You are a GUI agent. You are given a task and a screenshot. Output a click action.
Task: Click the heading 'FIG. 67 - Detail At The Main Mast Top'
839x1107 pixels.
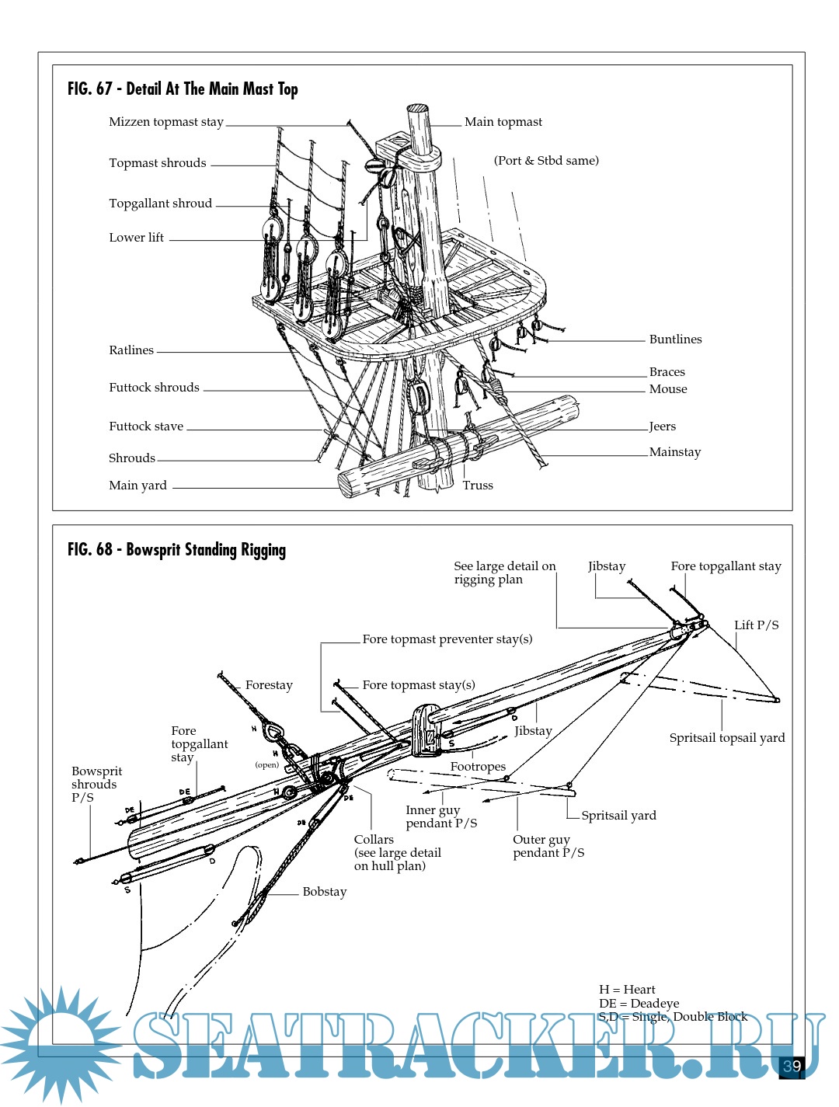[x=183, y=89]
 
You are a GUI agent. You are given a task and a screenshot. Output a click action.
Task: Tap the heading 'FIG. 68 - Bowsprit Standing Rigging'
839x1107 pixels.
[x=176, y=550]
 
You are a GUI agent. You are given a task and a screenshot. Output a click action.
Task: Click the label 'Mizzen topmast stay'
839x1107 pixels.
[x=166, y=122]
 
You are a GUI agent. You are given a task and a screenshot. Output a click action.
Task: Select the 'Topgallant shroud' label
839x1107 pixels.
[x=160, y=204]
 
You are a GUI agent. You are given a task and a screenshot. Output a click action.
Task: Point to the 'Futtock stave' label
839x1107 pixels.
[x=146, y=426]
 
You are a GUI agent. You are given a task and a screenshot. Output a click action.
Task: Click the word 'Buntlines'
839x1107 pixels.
[x=675, y=339]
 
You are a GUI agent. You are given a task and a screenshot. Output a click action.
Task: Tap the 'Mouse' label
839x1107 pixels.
[x=668, y=389]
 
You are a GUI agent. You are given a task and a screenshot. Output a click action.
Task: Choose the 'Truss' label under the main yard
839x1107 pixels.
[x=478, y=486]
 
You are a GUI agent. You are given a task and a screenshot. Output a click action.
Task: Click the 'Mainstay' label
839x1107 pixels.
[x=675, y=452]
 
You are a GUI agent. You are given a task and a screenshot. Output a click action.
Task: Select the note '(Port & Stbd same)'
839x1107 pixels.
[x=546, y=161]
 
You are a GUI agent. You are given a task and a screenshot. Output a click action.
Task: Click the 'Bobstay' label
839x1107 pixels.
[x=325, y=892]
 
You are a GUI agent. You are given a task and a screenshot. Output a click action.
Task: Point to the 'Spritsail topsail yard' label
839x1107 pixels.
[x=727, y=738]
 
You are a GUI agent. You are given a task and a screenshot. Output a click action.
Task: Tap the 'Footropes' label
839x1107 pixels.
[x=478, y=767]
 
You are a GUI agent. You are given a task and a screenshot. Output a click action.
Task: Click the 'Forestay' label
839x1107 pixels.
[x=269, y=685]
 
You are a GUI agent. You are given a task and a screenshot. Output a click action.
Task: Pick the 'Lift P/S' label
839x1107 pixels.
[x=757, y=625]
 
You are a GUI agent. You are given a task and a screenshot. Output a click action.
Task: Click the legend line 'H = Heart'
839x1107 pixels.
[x=627, y=990]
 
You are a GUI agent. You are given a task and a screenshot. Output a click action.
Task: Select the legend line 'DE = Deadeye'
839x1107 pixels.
[x=639, y=1004]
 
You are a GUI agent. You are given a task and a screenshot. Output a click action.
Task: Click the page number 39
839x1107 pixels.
[x=792, y=1066]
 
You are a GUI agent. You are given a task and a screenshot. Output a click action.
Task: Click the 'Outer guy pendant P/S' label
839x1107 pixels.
[x=548, y=846]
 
